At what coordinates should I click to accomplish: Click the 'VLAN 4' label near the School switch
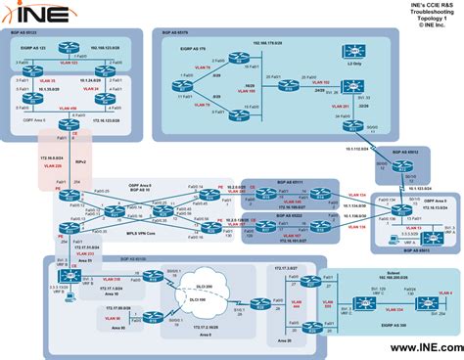tap(444, 293)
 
